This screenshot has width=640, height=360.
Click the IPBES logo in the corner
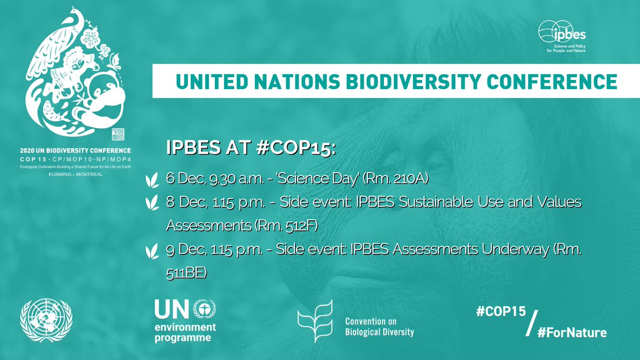pos(562,37)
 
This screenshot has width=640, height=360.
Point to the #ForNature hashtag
pos(572,332)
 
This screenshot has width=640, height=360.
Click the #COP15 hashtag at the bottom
pos(500,313)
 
